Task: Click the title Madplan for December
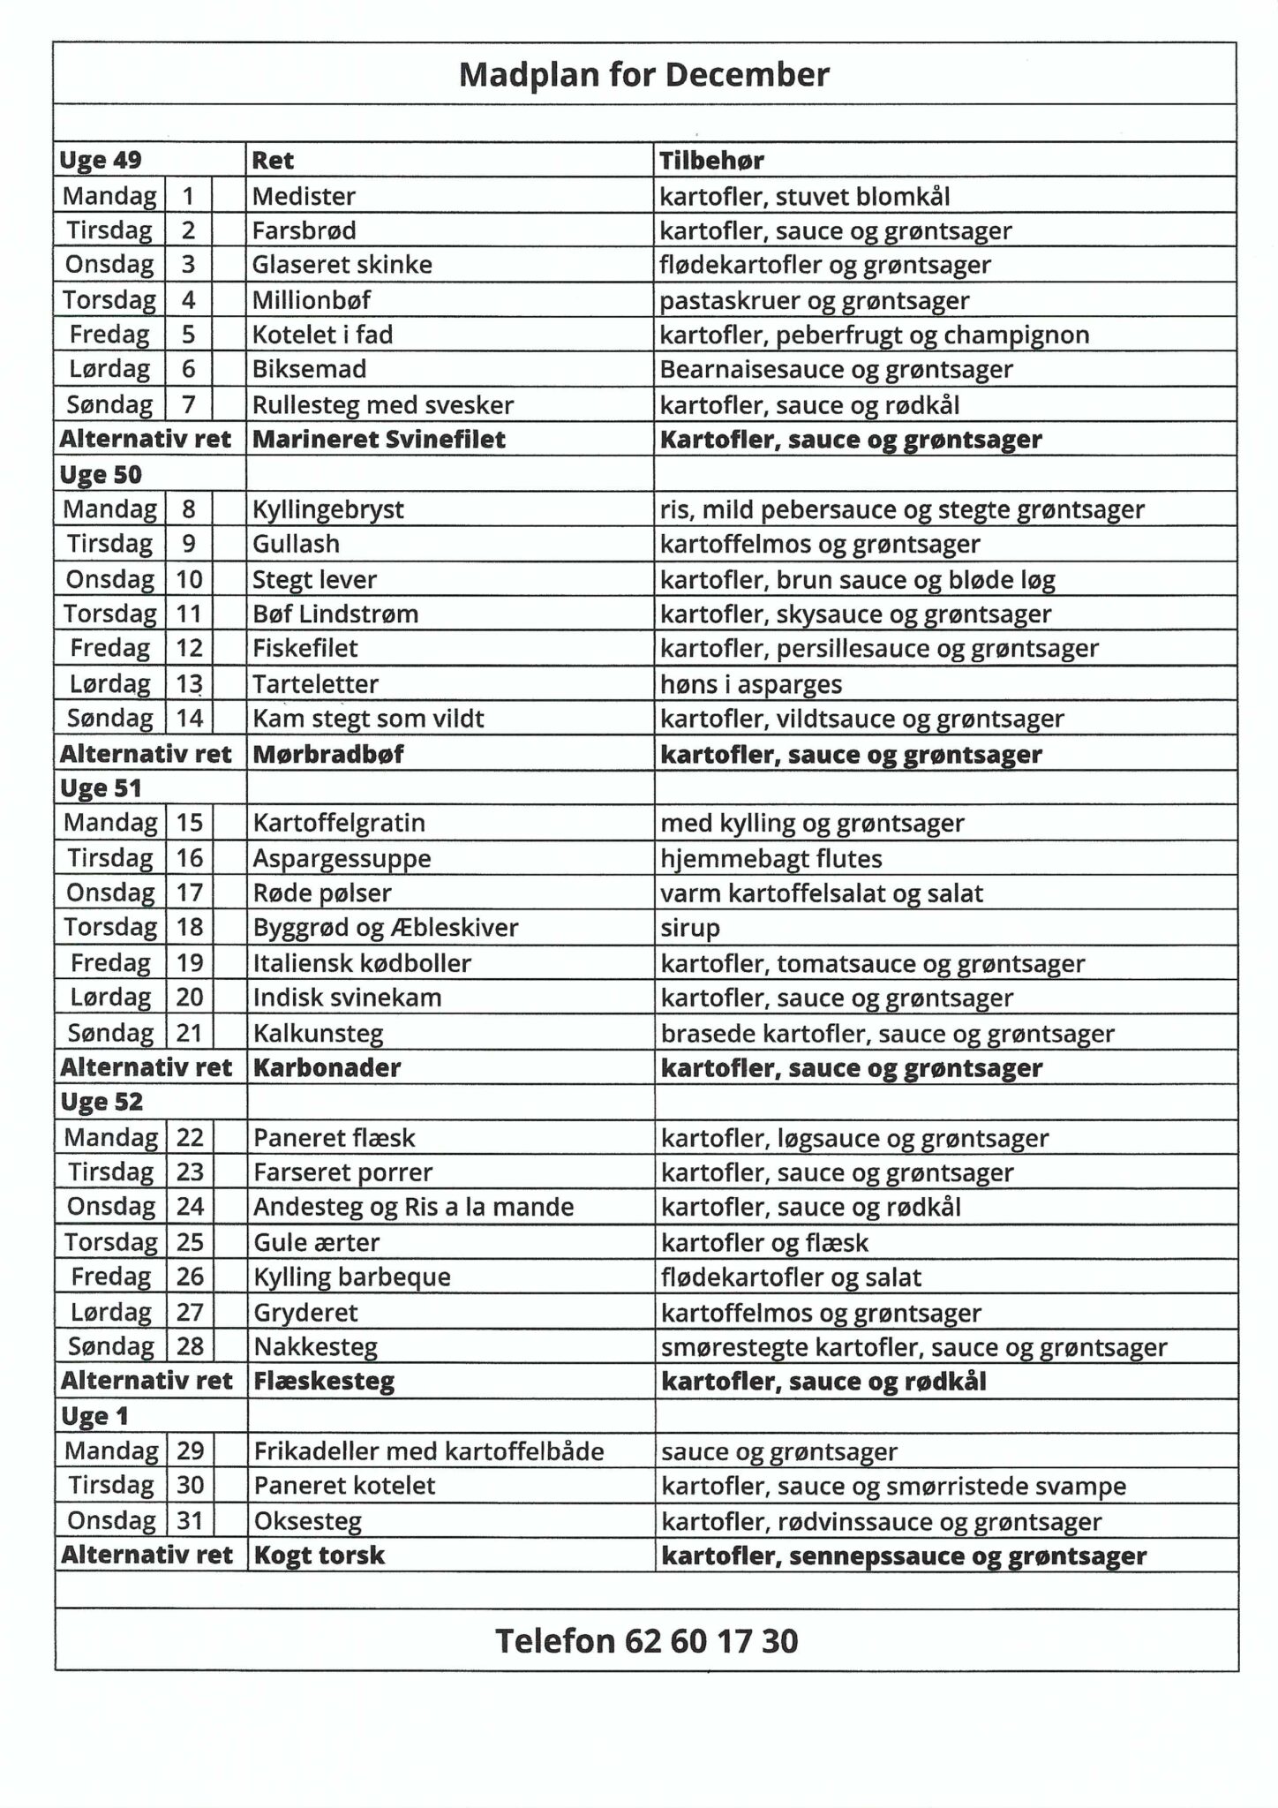coord(644,75)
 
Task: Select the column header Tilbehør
coord(711,161)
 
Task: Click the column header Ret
coord(273,161)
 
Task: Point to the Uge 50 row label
coord(101,475)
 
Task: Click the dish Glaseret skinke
coord(342,265)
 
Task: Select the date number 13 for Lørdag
coord(190,683)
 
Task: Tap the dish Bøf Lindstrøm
coord(335,614)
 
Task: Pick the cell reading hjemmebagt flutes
coord(771,858)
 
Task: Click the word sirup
coord(690,928)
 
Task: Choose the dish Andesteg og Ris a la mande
coord(413,1207)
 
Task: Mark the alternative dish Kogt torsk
coord(319,1555)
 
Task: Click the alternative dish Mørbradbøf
coord(328,754)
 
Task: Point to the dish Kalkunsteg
coord(319,1033)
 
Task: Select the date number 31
coord(190,1520)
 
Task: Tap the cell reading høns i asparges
coord(751,684)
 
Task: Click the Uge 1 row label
coord(94,1416)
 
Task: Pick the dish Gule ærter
coord(317,1242)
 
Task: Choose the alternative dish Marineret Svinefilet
coord(380,440)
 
